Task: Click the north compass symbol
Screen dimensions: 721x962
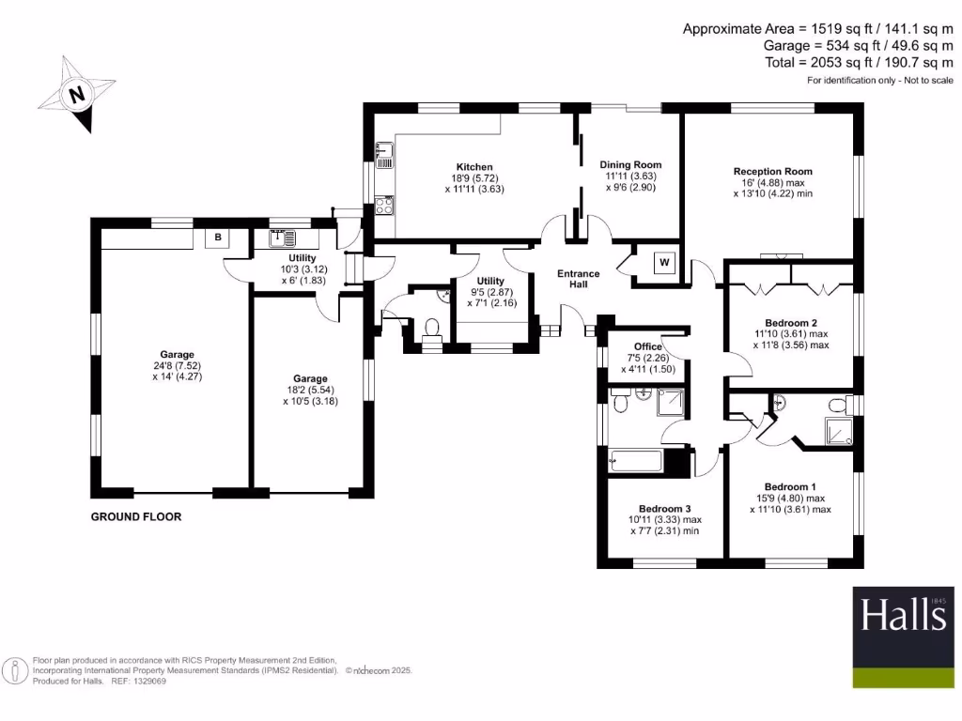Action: coord(75,94)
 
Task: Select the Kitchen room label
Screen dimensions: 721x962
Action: coord(474,167)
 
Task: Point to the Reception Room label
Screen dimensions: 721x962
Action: coord(772,172)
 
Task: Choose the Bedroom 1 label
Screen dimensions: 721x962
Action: coord(790,486)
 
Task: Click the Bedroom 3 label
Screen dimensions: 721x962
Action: coord(665,508)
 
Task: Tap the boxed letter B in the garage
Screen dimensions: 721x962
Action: coord(218,238)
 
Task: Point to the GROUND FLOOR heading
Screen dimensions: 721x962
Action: coord(136,517)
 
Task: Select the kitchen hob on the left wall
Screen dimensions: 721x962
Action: coord(384,205)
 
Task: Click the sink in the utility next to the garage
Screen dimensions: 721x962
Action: coord(283,238)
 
